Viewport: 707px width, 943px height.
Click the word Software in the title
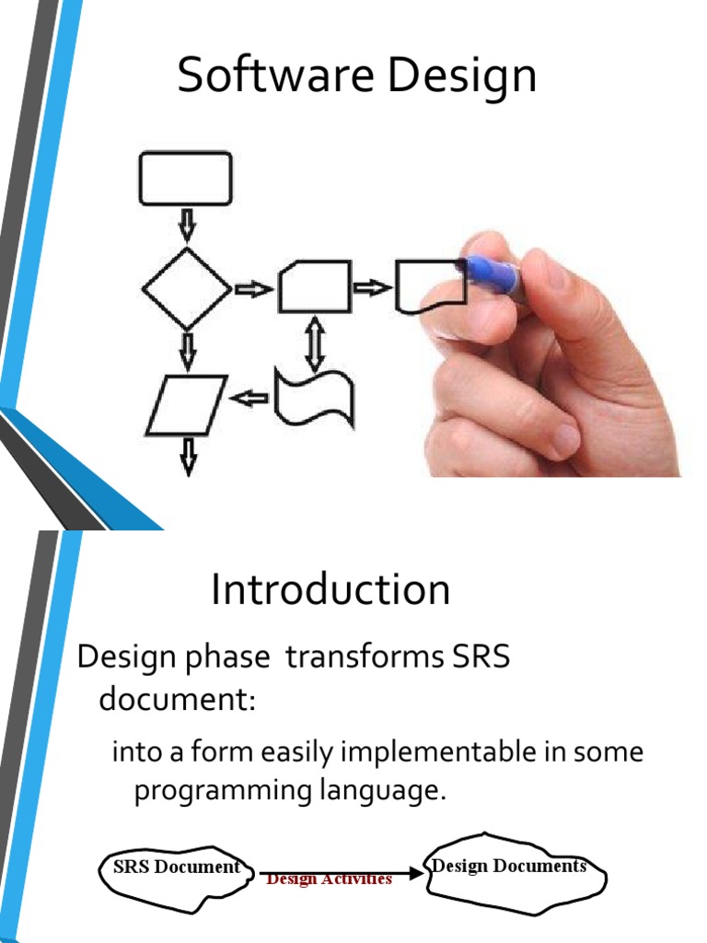point(275,75)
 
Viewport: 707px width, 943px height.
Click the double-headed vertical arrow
point(315,344)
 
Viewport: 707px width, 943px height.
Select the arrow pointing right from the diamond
point(253,289)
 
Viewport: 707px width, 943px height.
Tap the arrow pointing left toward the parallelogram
point(249,398)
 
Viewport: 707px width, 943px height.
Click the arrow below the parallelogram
point(189,457)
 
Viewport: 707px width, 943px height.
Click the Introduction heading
point(330,589)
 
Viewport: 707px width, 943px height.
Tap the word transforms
point(365,656)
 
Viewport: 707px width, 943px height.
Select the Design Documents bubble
point(516,874)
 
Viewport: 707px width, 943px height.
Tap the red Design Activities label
point(329,879)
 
